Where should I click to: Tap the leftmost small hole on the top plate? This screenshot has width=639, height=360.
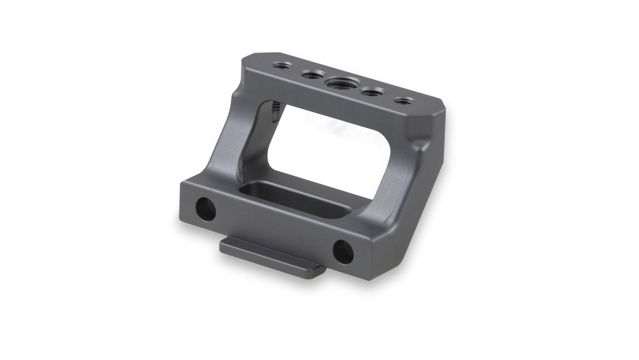[281, 66]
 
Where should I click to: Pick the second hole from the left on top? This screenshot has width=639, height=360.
[311, 74]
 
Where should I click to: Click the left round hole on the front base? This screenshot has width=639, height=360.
[205, 209]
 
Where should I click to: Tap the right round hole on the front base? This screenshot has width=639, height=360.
[343, 252]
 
